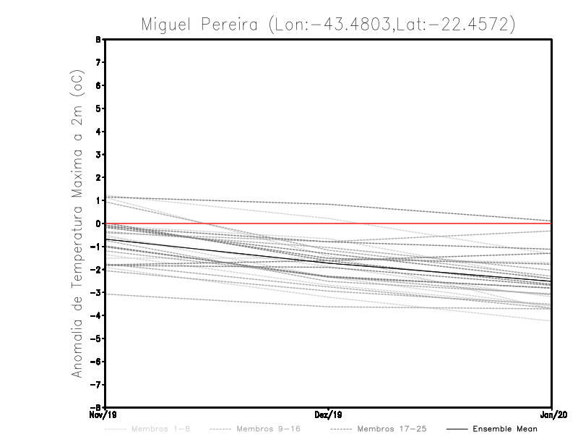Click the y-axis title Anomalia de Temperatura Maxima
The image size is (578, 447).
[77, 223]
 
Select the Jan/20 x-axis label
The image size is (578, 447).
[552, 415]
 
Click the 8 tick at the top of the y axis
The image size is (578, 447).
[98, 40]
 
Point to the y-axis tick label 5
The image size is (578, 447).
[98, 108]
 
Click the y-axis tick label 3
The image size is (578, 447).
[98, 155]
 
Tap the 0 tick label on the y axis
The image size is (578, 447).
[98, 223]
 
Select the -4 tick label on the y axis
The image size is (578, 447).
[96, 315]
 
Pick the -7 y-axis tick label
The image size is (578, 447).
[96, 384]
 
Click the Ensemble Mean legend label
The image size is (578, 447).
[505, 429]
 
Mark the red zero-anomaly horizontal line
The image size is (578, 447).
[433, 223]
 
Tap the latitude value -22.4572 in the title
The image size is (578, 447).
[470, 24]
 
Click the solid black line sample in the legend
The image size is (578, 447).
[456, 429]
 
